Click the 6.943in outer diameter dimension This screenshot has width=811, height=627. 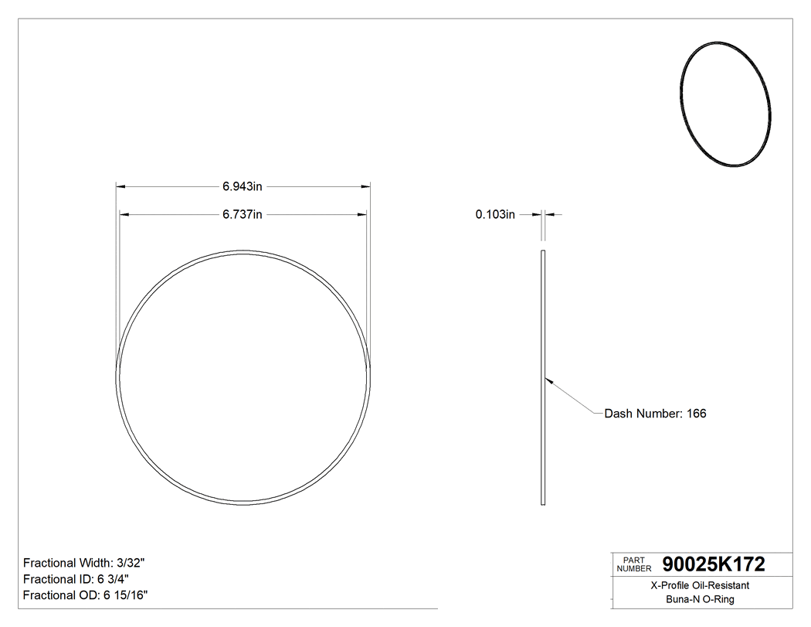click(x=243, y=186)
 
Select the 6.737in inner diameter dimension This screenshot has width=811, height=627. click(x=243, y=214)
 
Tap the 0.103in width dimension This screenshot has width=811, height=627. click(x=495, y=214)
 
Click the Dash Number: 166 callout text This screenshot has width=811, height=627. click(x=655, y=414)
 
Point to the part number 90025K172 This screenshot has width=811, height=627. click(x=708, y=565)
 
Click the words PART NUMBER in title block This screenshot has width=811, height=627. click(x=632, y=565)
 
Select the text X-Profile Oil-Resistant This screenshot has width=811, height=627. click(x=700, y=586)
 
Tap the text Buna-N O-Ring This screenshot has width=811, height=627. click(x=700, y=600)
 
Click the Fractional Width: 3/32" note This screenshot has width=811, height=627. click(x=83, y=564)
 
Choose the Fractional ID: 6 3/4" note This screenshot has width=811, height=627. click(x=76, y=579)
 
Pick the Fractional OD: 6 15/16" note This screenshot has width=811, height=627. click(x=85, y=595)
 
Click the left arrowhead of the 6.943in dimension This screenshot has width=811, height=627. click(x=120, y=186)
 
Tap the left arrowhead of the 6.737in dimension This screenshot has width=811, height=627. click(x=124, y=214)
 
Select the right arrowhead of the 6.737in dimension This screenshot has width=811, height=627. click(x=362, y=214)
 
